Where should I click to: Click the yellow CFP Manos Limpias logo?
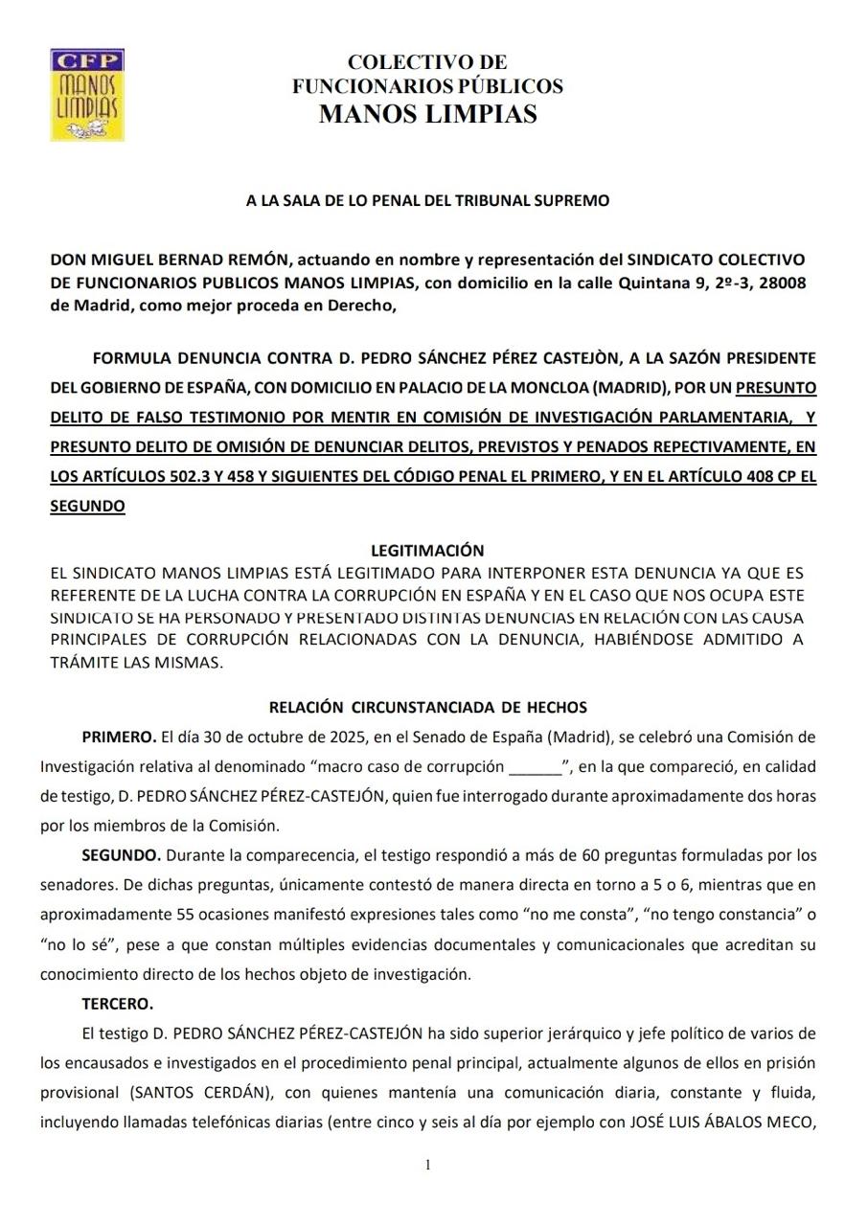(87, 95)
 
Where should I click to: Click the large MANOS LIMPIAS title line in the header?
(427, 114)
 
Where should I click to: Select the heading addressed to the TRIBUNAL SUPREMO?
(427, 201)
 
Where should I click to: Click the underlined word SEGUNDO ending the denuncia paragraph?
(87, 506)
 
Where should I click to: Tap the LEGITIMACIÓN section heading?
(427, 551)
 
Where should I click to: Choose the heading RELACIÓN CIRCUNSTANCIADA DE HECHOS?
(427, 708)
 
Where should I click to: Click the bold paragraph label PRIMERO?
(119, 738)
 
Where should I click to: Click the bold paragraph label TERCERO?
(118, 1005)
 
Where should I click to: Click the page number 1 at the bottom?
(427, 1165)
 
